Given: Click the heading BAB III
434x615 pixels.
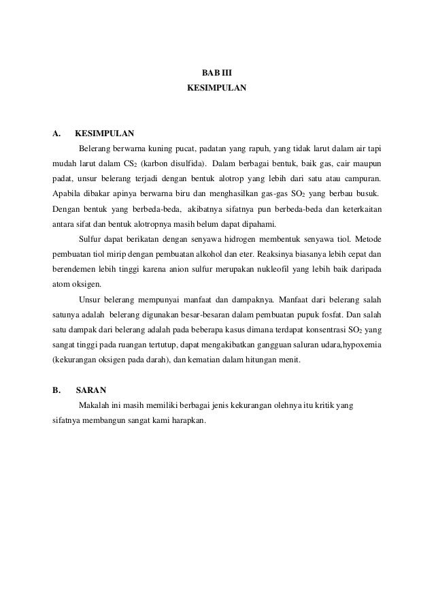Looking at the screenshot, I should (x=217, y=72).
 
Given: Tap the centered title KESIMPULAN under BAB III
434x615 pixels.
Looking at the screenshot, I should (x=217, y=89).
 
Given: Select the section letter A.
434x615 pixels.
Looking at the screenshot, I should (x=57, y=133).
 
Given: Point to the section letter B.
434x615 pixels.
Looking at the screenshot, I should (x=57, y=391).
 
